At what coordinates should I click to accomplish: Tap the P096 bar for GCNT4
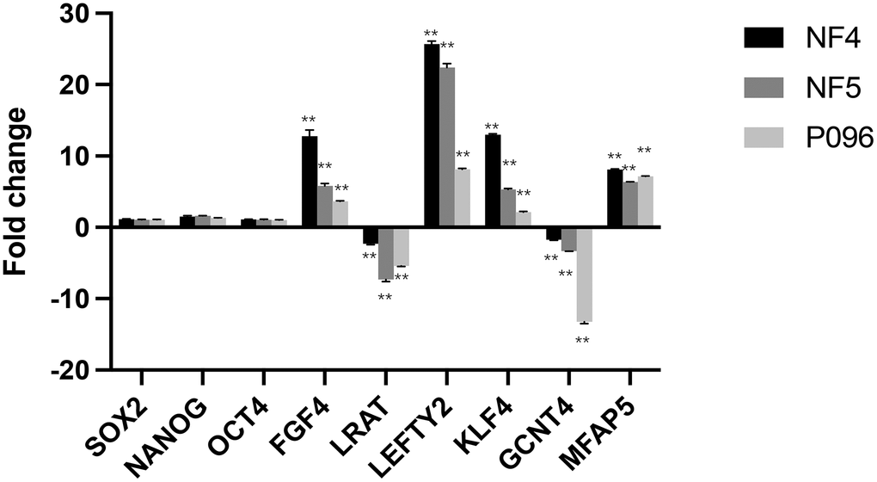pyautogui.click(x=585, y=275)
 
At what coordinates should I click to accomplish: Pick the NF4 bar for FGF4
pyautogui.click(x=310, y=182)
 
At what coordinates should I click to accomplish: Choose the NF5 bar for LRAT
pyautogui.click(x=386, y=254)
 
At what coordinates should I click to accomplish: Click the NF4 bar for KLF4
pyautogui.click(x=493, y=181)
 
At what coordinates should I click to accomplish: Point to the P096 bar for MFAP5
pyautogui.click(x=646, y=201)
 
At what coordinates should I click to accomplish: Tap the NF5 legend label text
pyautogui.click(x=821, y=86)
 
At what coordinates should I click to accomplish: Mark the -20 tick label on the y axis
pyautogui.click(x=73, y=370)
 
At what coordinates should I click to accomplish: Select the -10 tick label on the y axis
pyautogui.click(x=73, y=299)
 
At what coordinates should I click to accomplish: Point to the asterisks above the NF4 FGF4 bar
pyautogui.click(x=309, y=120)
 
